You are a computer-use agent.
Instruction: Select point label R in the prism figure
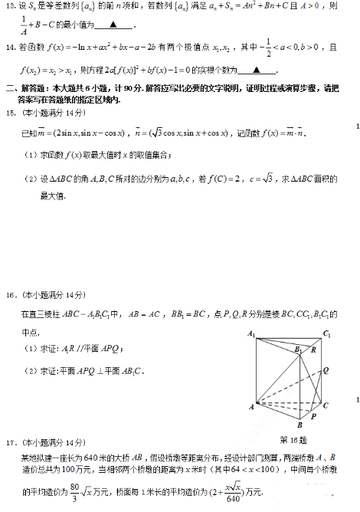pos(313,350)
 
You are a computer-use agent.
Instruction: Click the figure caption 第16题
pos(293,440)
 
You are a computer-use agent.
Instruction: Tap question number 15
pos(10,113)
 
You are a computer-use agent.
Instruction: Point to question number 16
pos(10,295)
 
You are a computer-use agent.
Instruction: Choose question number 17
pos(10,443)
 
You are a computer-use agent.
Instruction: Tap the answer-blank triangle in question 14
pos(257,68)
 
